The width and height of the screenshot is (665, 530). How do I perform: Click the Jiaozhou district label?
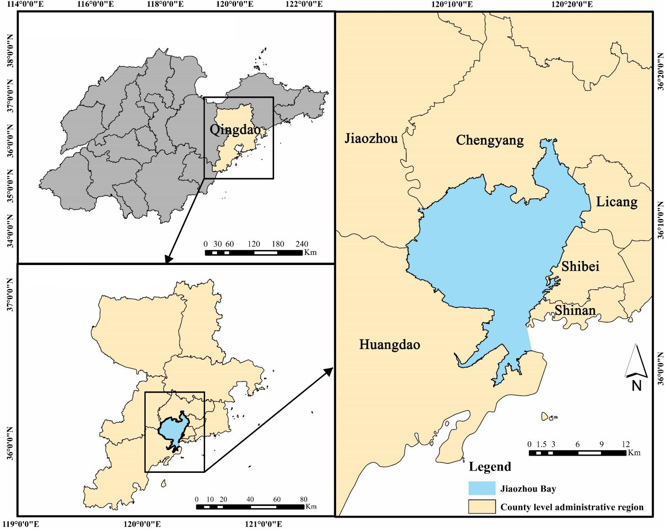371,138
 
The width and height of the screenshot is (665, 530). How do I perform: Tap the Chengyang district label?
490,140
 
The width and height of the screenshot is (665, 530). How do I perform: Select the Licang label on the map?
616,201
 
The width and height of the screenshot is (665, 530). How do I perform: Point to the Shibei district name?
580,266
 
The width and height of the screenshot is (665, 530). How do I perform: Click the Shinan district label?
575,311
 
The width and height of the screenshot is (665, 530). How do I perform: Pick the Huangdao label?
390,344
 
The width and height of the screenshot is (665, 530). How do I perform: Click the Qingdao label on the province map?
235,129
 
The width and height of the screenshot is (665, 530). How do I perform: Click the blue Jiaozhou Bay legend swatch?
482,488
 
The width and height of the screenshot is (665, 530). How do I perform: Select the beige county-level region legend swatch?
482,507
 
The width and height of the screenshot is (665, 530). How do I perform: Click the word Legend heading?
490,467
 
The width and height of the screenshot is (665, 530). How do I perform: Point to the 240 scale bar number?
302,244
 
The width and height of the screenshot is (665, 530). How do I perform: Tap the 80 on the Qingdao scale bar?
304,499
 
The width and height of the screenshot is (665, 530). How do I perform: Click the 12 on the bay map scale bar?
625,444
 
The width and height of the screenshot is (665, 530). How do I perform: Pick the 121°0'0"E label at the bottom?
265,524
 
